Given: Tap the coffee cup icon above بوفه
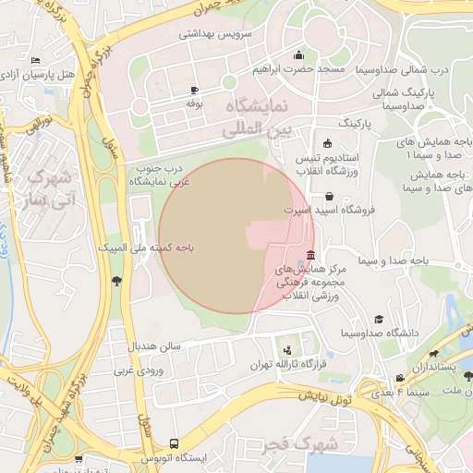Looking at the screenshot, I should [x=194, y=90].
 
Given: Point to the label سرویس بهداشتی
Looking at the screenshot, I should [x=210, y=33].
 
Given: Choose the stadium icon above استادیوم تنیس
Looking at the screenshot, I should [x=326, y=142].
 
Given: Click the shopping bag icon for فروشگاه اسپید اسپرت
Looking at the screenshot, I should [x=330, y=196].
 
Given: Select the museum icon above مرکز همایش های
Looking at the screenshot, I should [x=309, y=256].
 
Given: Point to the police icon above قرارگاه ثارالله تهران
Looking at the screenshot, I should [x=289, y=350].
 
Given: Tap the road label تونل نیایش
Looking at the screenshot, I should [x=325, y=397].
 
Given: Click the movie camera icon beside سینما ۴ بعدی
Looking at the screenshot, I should [x=399, y=378].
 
